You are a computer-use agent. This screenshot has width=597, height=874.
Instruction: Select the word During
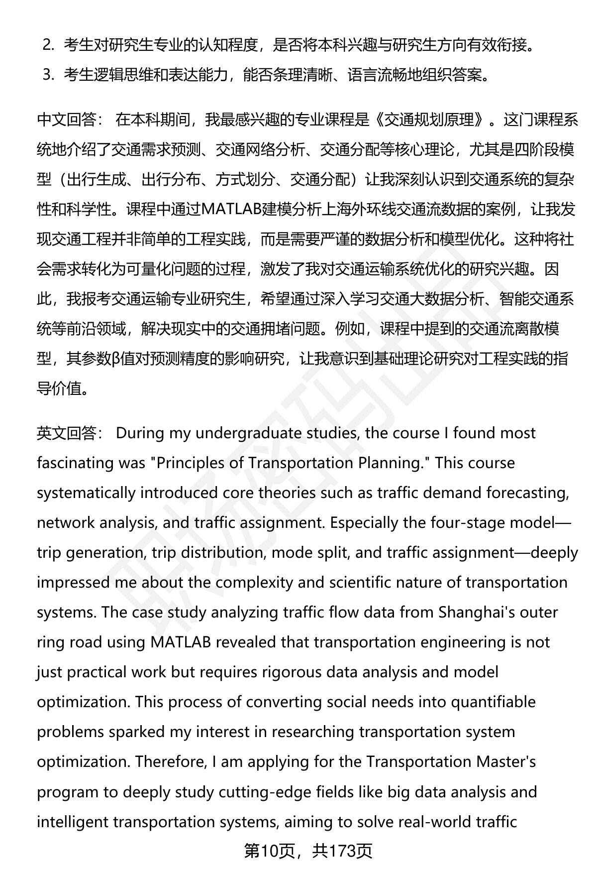tap(140, 433)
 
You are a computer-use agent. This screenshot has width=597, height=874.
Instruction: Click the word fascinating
tap(77, 463)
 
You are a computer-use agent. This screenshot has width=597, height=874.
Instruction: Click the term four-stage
tap(469, 523)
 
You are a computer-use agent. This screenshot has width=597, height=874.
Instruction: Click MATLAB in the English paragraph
tap(181, 642)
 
